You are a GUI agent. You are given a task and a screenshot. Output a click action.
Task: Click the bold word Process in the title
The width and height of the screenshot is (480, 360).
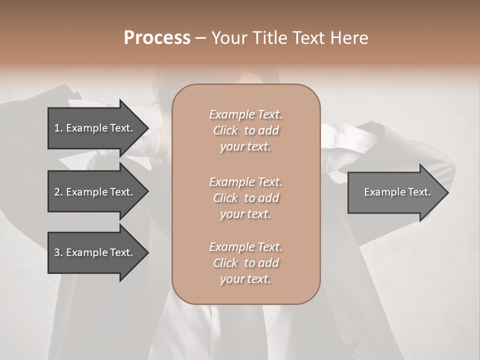point(157,38)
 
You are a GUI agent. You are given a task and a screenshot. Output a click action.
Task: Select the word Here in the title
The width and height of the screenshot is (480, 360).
point(349,38)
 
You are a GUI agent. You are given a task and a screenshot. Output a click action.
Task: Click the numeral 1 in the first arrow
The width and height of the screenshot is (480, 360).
point(57,128)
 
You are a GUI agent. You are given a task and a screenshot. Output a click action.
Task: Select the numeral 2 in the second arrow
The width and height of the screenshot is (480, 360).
point(57,192)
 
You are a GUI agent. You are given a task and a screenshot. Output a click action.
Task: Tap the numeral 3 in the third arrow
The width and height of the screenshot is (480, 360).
point(57,252)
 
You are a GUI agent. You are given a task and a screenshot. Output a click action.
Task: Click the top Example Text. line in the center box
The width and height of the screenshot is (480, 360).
point(245,114)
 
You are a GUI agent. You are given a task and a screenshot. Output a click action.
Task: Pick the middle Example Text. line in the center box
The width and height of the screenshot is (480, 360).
point(245,181)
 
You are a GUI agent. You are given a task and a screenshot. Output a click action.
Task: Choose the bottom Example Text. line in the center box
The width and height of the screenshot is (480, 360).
point(245,247)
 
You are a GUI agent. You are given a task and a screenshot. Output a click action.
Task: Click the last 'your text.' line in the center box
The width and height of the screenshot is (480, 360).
point(245,279)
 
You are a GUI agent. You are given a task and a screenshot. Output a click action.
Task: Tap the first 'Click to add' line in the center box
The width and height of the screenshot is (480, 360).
point(245,130)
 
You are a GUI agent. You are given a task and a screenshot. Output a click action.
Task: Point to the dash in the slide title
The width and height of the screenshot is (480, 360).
point(200,38)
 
